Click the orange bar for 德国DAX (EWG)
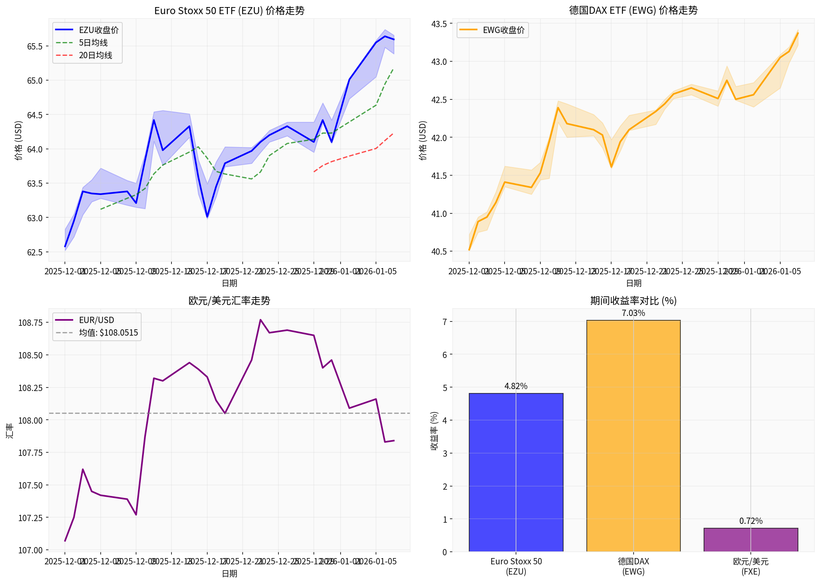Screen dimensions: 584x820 pos(633,436)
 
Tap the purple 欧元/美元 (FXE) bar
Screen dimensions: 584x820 pos(750,540)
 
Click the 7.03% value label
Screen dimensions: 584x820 pos(633,313)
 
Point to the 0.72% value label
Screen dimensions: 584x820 pos(750,521)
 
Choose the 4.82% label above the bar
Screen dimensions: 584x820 pos(516,386)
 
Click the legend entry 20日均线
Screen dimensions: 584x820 pos(95,55)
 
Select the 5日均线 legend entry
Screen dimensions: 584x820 pos(93,43)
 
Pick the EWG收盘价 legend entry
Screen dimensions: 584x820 pos(503,30)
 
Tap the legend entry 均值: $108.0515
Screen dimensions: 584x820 pos(108,333)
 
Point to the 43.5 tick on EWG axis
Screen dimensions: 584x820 pos(439,24)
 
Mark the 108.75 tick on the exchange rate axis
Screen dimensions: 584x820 pos(31,323)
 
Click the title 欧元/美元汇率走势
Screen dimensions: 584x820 pos(229,301)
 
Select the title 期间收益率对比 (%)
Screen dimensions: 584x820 pos(633,301)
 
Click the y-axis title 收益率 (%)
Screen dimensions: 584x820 pos(434,431)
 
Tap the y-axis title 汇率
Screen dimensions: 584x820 pos(10,431)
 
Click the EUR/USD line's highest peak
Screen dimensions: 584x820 pos(260,320)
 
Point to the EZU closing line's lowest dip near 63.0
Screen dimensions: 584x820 pos(207,217)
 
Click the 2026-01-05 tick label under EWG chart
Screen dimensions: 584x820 pos(780,272)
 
